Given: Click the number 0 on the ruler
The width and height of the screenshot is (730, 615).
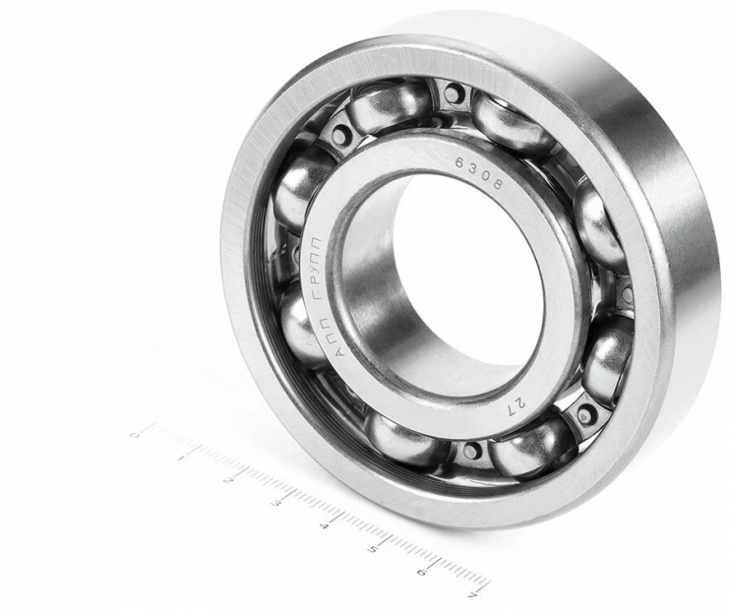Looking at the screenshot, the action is coord(135,434).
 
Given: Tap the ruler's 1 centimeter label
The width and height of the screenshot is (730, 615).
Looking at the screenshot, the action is coord(181,459).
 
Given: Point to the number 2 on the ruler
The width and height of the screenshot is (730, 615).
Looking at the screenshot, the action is coord(228,480).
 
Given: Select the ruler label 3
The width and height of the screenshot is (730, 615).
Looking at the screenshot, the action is coord(276,503).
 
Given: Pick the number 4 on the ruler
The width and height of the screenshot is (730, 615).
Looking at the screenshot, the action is coord(324,526).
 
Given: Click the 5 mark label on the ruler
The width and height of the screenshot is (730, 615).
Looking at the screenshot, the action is coord(373,549).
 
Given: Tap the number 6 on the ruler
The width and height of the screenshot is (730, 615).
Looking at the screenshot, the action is coord(422,572).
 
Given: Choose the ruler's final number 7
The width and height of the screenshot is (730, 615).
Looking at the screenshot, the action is coord(473,594).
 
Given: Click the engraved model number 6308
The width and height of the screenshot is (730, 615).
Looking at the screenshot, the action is coord(479,173).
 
